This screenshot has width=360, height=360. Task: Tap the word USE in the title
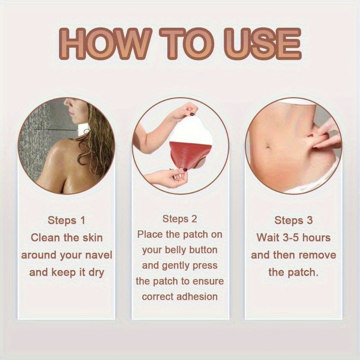pos(262,44)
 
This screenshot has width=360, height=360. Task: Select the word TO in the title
pos(187,44)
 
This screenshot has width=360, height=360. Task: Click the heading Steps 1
pos(66,220)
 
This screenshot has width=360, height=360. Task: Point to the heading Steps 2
pos(180,219)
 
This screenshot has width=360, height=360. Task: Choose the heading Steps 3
pos(293,220)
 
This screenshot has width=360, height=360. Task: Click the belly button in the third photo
pos(268,146)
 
